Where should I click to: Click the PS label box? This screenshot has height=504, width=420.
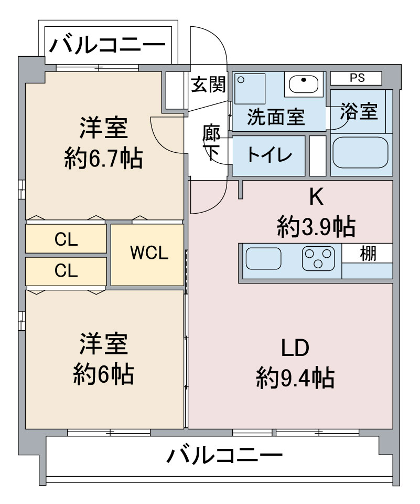[x=356, y=78]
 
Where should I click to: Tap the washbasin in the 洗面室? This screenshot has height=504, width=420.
[x=304, y=84]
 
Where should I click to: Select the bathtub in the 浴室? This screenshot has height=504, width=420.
[x=360, y=153]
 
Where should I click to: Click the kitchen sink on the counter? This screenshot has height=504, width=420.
[x=263, y=258]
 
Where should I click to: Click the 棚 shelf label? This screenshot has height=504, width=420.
[x=368, y=253]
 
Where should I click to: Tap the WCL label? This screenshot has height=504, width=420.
[x=149, y=253]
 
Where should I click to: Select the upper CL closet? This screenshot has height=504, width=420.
[x=66, y=239]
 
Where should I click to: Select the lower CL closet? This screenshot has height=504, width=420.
[x=66, y=271]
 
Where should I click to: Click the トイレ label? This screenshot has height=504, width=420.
[x=270, y=155]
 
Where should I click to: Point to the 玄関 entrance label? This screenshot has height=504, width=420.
[x=208, y=85]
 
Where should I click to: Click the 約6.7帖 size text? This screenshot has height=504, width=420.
[x=103, y=158]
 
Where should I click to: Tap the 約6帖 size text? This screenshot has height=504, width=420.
[x=103, y=374]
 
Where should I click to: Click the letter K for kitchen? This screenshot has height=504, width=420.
[x=316, y=197]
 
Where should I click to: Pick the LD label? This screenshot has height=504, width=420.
[x=295, y=348]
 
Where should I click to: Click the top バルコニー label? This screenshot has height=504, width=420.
[x=107, y=45]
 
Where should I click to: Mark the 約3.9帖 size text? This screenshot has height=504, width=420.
[x=316, y=227]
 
